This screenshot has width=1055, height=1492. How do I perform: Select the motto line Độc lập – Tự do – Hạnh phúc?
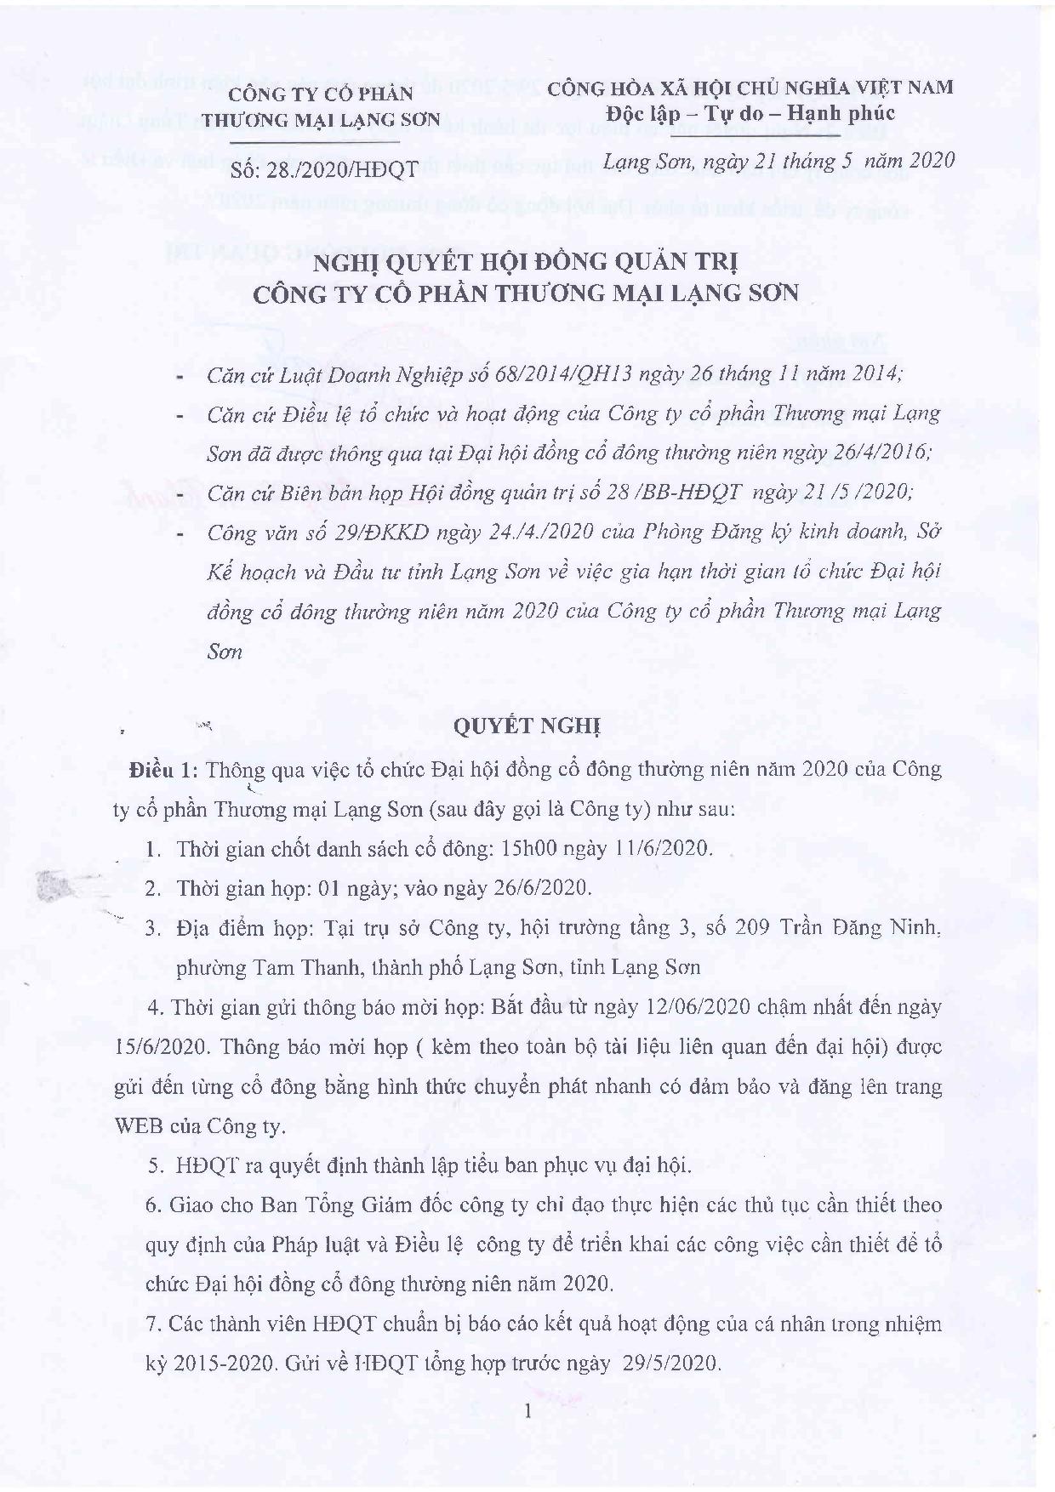pyautogui.click(x=750, y=113)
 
